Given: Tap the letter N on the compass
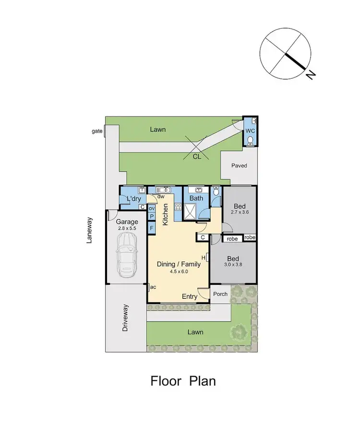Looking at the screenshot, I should click(x=312, y=74).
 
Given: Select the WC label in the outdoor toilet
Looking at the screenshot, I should click(x=250, y=131).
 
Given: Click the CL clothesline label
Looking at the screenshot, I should click(x=197, y=156).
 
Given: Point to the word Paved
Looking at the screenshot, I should click(x=239, y=166).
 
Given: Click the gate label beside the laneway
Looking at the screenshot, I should click(x=97, y=131).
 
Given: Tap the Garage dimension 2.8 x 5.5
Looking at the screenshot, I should click(x=127, y=229).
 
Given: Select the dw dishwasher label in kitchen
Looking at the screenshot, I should click(x=161, y=196).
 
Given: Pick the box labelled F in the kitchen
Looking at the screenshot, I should click(x=151, y=227).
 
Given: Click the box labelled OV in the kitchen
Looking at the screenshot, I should click(x=151, y=208).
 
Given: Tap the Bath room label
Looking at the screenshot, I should click(x=196, y=198).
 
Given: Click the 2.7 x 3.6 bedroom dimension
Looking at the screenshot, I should click(x=240, y=211).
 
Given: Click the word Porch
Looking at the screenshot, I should click(x=220, y=294).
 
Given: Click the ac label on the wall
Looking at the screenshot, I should click(x=153, y=287).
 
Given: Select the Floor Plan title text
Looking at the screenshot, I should click(x=183, y=381).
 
